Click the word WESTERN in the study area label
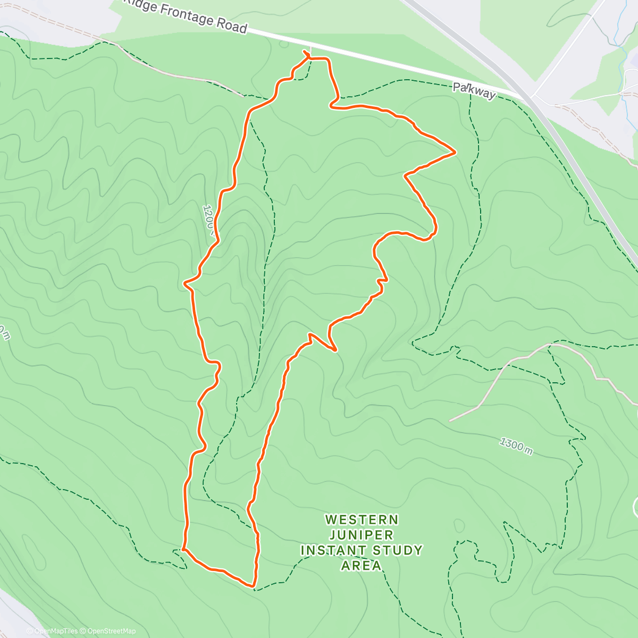362,519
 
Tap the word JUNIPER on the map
362,535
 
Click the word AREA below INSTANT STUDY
362,566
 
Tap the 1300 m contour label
516,446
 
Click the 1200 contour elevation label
208,219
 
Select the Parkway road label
474,90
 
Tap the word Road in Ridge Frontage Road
232,25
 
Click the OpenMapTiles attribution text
55,631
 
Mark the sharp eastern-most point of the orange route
456,152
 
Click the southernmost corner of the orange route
253,586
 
